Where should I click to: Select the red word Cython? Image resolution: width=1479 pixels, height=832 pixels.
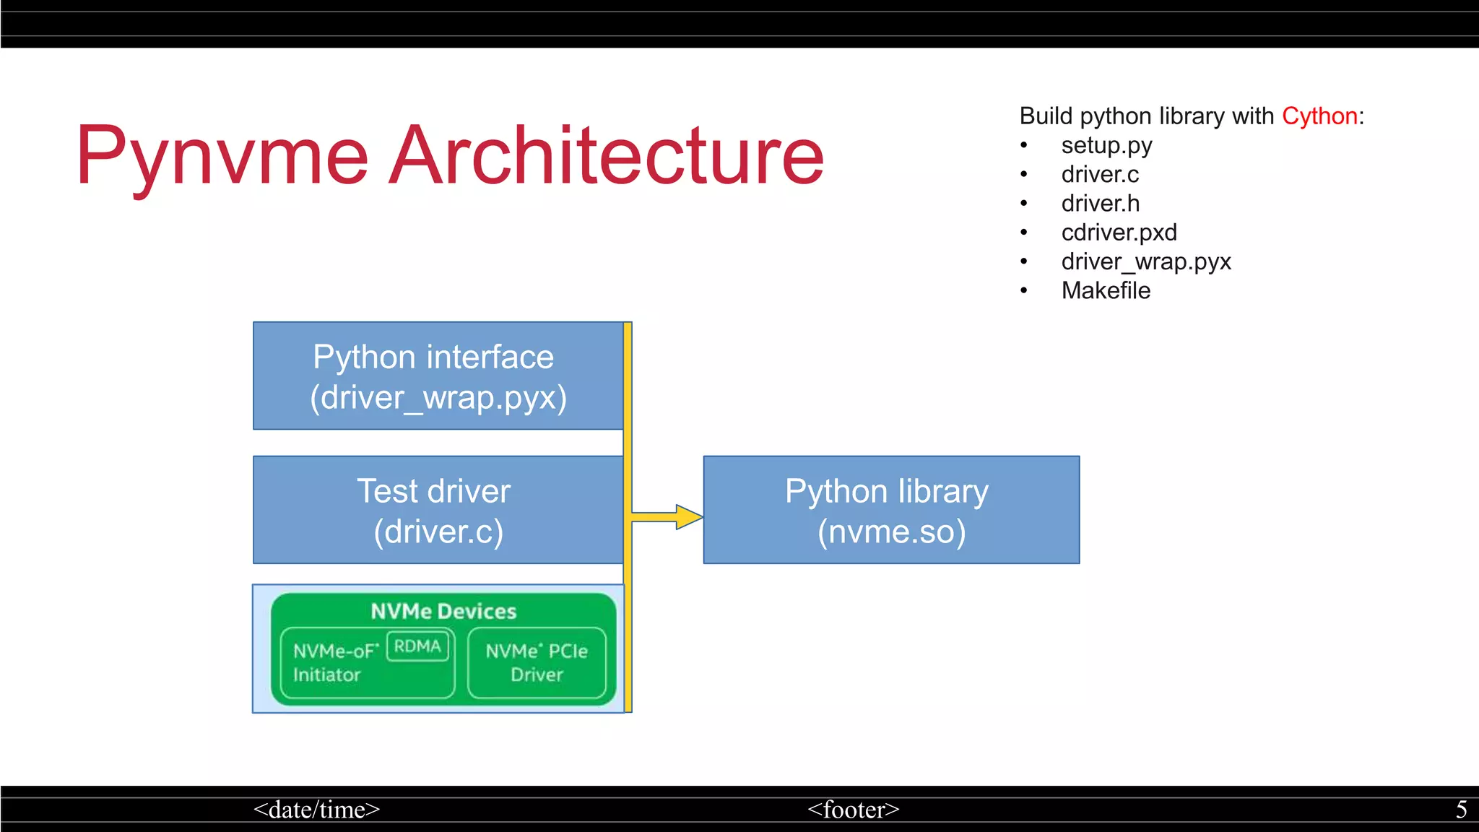coord(1319,116)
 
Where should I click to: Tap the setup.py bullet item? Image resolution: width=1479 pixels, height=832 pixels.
coord(1106,146)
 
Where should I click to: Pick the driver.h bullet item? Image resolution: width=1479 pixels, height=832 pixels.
coord(1100,204)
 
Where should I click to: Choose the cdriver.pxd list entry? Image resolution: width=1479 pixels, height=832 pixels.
coord(1119,233)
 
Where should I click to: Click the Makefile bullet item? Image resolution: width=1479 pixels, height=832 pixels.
coord(1106,290)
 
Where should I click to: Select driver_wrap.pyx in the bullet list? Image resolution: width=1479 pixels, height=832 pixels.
coord(1145,261)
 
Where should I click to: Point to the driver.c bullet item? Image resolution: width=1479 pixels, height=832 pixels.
coord(1099,175)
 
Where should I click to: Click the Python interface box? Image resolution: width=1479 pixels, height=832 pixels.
coord(438,376)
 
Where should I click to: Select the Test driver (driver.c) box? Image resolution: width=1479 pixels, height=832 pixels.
coord(438,510)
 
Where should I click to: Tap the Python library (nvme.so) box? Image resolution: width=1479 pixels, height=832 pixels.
coord(890,510)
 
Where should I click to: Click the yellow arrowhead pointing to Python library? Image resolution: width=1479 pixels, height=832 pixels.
coord(688,517)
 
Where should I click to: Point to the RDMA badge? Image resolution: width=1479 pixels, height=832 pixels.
coord(417,646)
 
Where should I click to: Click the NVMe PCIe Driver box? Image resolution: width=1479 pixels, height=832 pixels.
coord(537,662)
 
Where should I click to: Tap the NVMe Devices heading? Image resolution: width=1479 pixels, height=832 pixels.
coord(443,611)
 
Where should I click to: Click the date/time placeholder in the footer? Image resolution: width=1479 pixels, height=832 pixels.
coord(316,810)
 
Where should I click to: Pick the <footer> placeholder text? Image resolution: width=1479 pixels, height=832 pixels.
coord(853,810)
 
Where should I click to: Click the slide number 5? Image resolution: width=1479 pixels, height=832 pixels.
coord(1461,810)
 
